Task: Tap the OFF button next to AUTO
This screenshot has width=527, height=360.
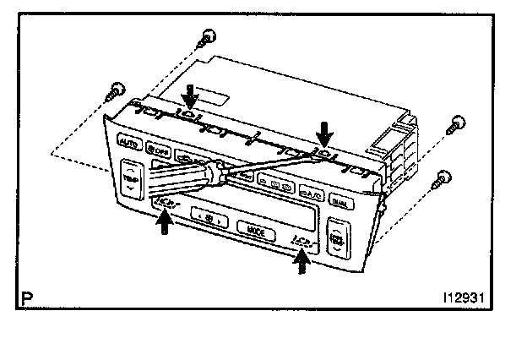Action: (157, 150)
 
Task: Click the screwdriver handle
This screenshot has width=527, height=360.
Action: (181, 178)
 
